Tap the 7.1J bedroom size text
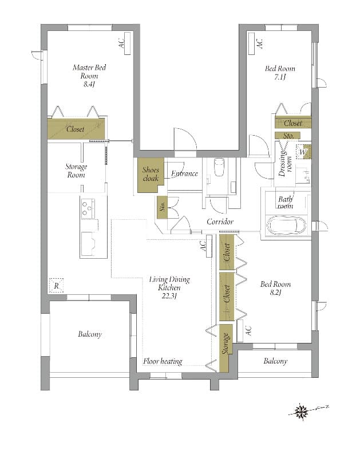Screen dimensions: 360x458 [x=280, y=77]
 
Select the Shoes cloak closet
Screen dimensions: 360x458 [x=151, y=175]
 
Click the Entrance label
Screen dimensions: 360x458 [x=184, y=173]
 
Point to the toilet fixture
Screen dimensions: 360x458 [x=219, y=167]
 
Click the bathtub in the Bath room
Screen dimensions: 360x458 [x=287, y=226]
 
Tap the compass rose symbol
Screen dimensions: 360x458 [x=301, y=412]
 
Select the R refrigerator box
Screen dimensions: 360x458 [x=56, y=285]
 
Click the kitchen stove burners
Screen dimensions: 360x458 [x=88, y=208]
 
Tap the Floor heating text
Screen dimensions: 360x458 [x=163, y=361]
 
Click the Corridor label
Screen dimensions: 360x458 [x=220, y=222]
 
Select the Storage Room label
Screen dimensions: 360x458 [x=76, y=171]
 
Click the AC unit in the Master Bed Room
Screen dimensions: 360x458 [x=128, y=43]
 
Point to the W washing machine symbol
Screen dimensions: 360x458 [x=303, y=152]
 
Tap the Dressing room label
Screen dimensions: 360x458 [x=285, y=164]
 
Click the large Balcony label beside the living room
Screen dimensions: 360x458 [x=90, y=334]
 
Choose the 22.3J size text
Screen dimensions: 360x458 [x=169, y=296]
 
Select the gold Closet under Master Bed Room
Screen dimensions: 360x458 [x=76, y=129]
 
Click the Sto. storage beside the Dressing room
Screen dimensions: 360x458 [x=288, y=136]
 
